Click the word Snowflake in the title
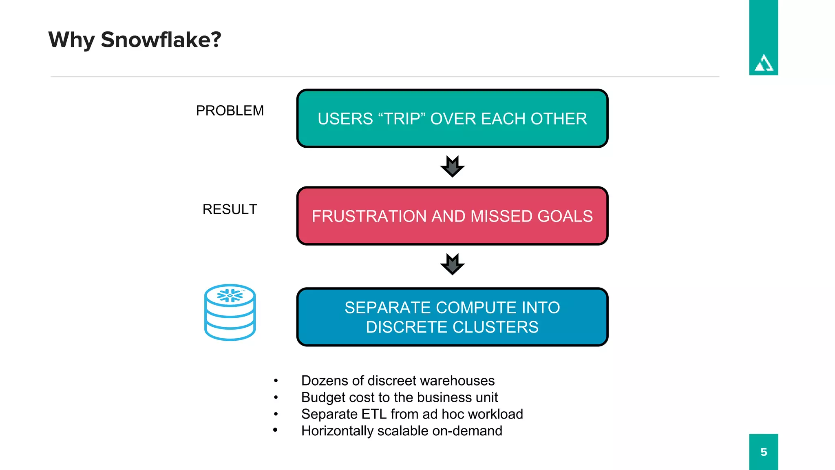pos(161,40)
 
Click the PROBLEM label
pos(230,111)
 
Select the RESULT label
pos(230,209)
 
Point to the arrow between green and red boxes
pos(452,166)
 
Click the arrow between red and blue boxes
pos(452,264)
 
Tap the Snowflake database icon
pos(230,313)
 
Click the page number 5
pos(764,452)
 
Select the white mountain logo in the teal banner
pos(764,64)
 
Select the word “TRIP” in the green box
pos(402,119)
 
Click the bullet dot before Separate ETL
pos(276,414)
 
